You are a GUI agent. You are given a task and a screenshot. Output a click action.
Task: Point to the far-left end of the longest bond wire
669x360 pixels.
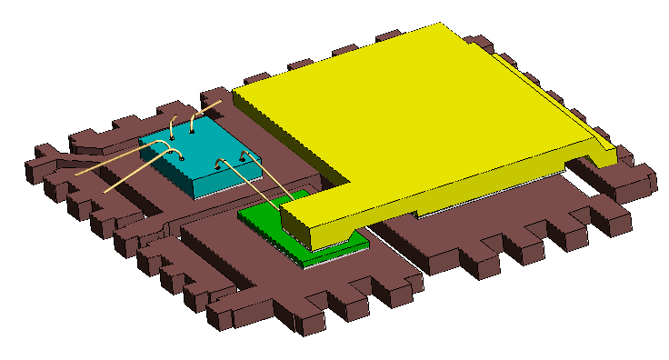pos(76,174)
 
